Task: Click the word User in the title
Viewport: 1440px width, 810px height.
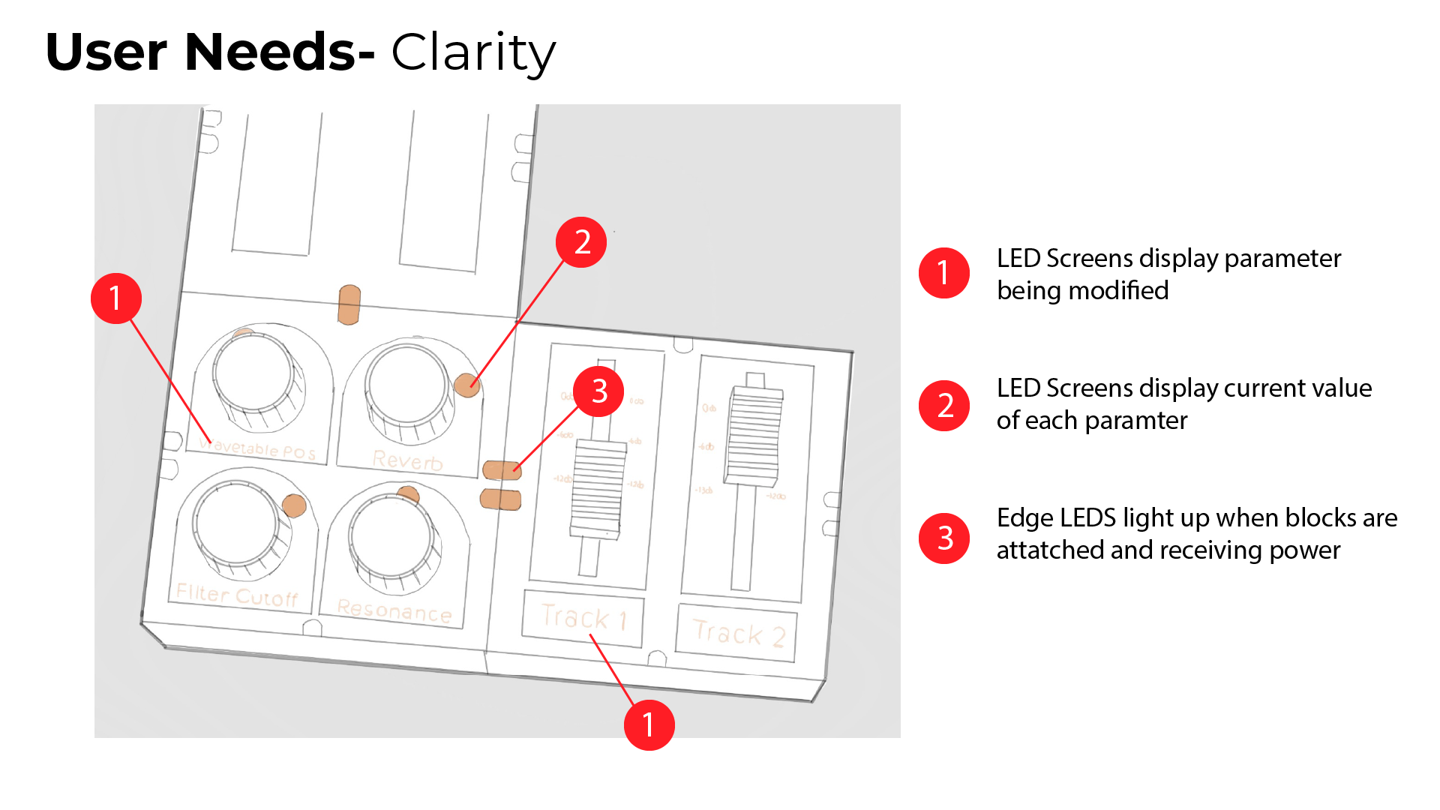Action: [106, 52]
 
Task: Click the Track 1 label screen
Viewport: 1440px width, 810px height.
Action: [582, 618]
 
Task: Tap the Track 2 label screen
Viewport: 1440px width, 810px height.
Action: [737, 634]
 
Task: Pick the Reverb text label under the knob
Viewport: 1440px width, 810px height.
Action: [407, 460]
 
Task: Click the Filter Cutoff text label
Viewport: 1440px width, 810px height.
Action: [237, 595]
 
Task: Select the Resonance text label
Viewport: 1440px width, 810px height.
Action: [394, 610]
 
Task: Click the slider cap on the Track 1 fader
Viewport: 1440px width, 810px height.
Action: [598, 487]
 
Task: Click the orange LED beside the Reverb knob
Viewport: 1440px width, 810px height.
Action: [466, 385]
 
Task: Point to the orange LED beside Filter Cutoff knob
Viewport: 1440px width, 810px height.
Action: [294, 505]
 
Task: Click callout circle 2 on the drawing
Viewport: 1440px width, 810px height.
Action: [581, 242]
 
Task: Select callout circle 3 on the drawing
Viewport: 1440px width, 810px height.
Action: [598, 391]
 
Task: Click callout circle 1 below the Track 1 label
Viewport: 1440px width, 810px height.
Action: [649, 724]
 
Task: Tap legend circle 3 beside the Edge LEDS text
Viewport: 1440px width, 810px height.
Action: [944, 538]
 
